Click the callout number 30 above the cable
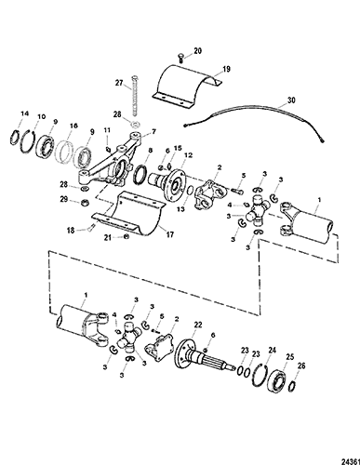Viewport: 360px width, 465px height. coord(291,100)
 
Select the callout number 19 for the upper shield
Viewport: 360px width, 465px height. coord(227,69)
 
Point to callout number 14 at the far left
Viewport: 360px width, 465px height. coord(24,113)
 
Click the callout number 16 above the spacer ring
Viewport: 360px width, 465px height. coord(73,126)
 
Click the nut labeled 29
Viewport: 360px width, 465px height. coord(83,203)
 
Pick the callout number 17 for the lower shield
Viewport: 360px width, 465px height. coord(169,234)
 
